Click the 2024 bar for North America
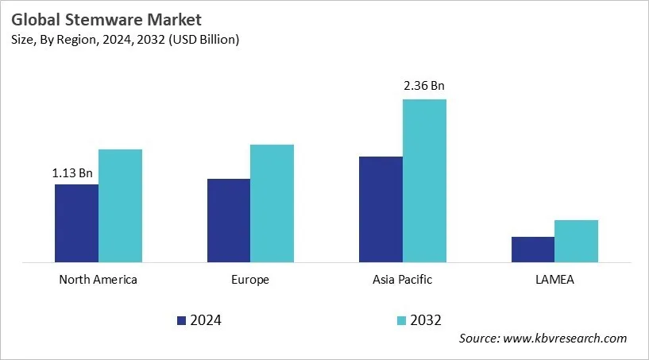coord(76,223)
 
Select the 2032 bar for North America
coord(120,206)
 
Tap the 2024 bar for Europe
coord(229,220)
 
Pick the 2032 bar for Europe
coord(272,203)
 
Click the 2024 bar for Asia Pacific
coord(381,209)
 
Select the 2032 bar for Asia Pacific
coord(424,180)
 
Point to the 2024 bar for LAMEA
coord(532,250)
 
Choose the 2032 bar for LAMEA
coord(576,241)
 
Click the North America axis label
coord(99,280)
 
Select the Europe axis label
coord(250,280)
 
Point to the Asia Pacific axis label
coord(402,280)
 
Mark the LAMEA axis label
coord(554,280)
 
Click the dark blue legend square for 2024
coord(181,320)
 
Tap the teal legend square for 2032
coord(402,320)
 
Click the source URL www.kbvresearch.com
coord(565,339)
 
